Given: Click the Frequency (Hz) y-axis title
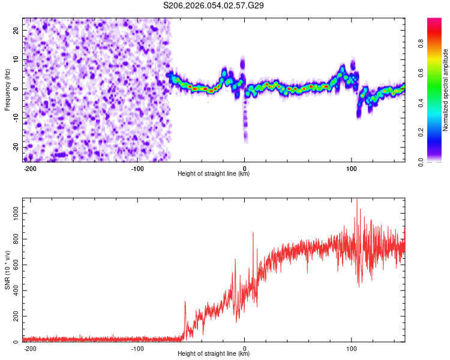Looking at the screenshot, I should [7, 90].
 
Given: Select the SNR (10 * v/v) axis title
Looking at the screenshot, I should [7, 271].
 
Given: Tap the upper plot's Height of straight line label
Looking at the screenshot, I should [214, 174].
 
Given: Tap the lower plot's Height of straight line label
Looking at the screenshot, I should [214, 354].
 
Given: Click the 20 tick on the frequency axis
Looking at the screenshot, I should [16, 30].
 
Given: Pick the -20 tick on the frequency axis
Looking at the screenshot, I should [15, 147].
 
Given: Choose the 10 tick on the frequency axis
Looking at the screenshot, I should [16, 59].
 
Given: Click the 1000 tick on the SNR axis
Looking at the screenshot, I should [13, 213].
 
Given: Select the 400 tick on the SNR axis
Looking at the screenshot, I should [14, 290].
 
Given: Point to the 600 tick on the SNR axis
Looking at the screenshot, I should [14, 265].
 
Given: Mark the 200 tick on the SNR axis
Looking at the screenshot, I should [14, 316].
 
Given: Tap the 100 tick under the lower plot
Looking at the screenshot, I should [352, 348].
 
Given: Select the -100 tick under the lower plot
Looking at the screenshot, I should [137, 348].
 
